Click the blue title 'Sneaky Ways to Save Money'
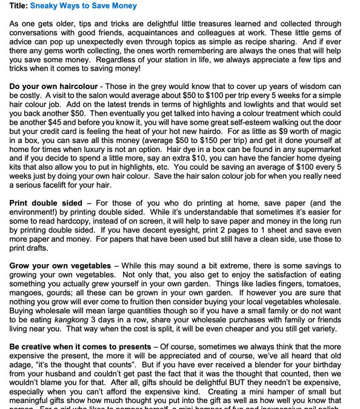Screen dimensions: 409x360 pos(82,6)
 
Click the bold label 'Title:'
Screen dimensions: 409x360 pos(18,6)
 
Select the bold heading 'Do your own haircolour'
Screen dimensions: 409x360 pos(53,87)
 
